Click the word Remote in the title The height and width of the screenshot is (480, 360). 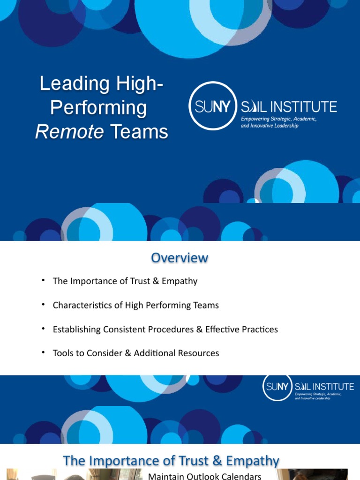[x=69, y=132]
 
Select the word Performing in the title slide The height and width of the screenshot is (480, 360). [x=98, y=108]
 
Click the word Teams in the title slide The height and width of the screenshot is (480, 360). [x=139, y=132]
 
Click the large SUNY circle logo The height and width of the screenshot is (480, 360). [x=211, y=105]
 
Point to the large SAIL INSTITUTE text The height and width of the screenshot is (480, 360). [x=289, y=106]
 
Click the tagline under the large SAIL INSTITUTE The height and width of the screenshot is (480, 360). [x=278, y=122]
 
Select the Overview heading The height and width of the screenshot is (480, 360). [x=180, y=258]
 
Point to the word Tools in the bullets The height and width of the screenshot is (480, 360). [x=63, y=353]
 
